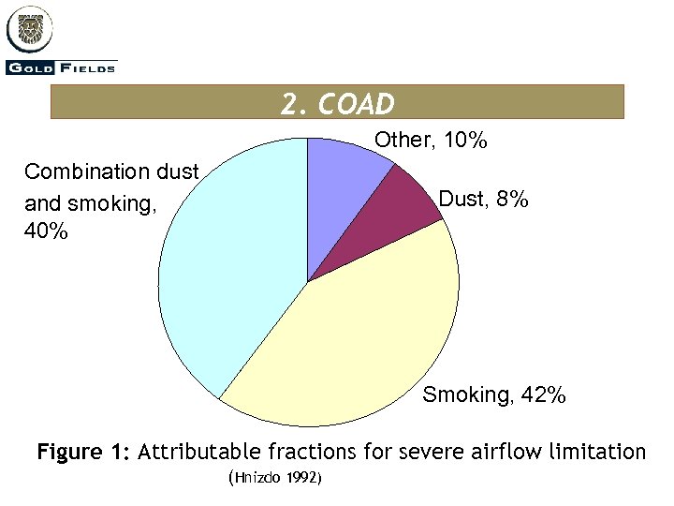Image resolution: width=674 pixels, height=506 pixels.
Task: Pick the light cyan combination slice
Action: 234,272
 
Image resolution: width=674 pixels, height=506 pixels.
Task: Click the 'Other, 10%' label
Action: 431,141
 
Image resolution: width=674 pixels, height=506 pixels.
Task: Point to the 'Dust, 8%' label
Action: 484,200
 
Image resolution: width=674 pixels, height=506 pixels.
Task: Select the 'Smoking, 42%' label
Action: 494,395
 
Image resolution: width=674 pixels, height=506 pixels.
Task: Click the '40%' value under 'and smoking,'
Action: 46,231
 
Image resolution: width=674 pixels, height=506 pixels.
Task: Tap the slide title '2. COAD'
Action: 337,102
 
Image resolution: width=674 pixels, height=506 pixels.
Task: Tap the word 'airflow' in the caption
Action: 505,453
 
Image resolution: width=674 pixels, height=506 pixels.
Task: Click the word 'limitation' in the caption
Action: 599,453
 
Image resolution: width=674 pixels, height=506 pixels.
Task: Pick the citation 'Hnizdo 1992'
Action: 275,479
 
